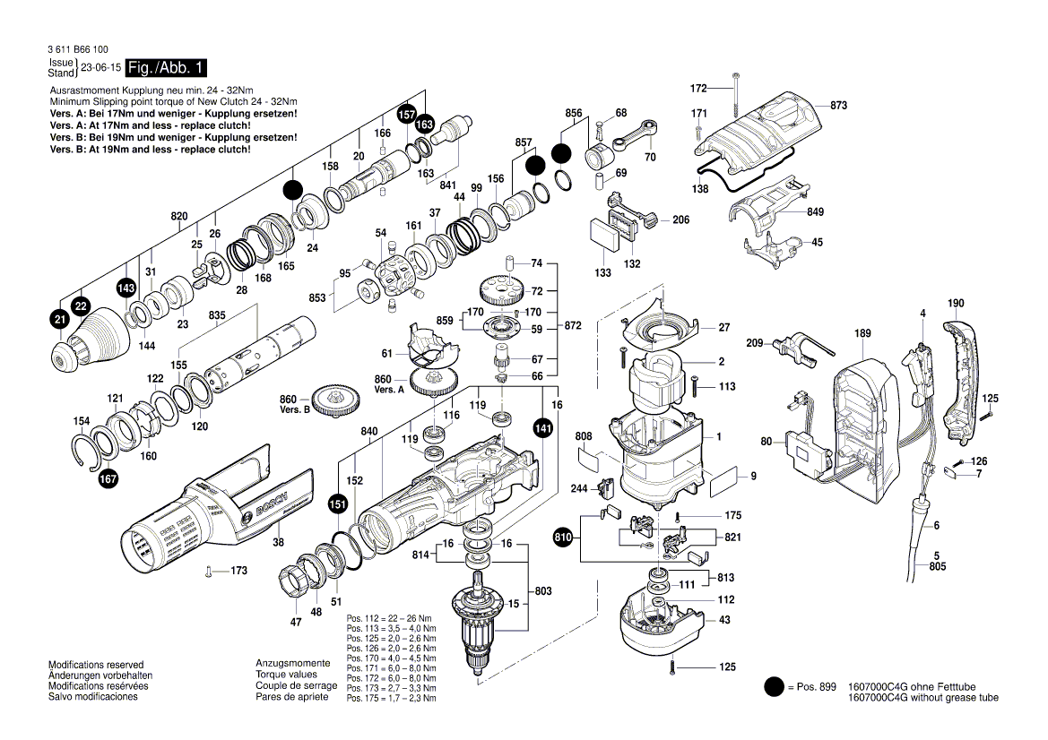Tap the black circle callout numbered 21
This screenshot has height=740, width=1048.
click(x=60, y=320)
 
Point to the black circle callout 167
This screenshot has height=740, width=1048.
click(x=108, y=478)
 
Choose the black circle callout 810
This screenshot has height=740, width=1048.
click(x=563, y=538)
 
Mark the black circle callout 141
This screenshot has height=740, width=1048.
click(x=543, y=428)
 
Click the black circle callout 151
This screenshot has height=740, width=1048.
click(x=338, y=503)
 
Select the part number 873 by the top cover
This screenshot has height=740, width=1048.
click(x=838, y=106)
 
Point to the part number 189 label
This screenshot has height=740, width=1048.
click(x=862, y=334)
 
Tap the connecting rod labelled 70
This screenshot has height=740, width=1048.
click(x=637, y=133)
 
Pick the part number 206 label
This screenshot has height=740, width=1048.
click(x=680, y=220)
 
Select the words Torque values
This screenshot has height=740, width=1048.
click(x=286, y=675)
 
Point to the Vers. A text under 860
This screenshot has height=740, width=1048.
click(x=389, y=391)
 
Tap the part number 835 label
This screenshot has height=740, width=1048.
click(x=218, y=316)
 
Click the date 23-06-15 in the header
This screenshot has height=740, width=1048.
click(x=100, y=68)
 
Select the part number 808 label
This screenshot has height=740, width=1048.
click(x=584, y=437)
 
